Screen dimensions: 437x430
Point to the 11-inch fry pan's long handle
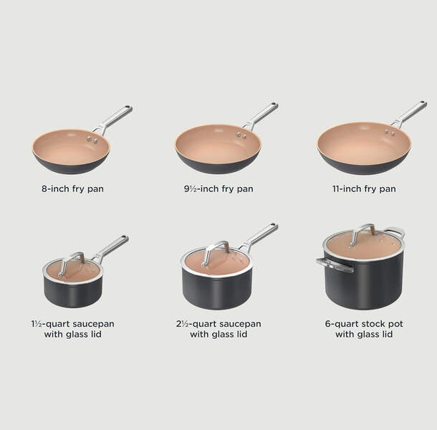[x=409, y=114]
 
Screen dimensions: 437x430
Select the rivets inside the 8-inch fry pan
[x=92, y=139]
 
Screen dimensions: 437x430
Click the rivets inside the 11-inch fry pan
[x=389, y=132]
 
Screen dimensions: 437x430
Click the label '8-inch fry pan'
[x=72, y=188]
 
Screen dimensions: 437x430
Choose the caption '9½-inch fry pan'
[x=218, y=188]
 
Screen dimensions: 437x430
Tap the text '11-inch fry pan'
[x=364, y=188]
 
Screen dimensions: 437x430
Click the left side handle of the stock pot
[x=335, y=265]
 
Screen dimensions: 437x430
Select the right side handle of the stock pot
[x=395, y=231]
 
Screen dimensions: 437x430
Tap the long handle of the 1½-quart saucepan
[x=112, y=249]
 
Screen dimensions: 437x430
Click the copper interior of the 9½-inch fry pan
[x=218, y=145]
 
